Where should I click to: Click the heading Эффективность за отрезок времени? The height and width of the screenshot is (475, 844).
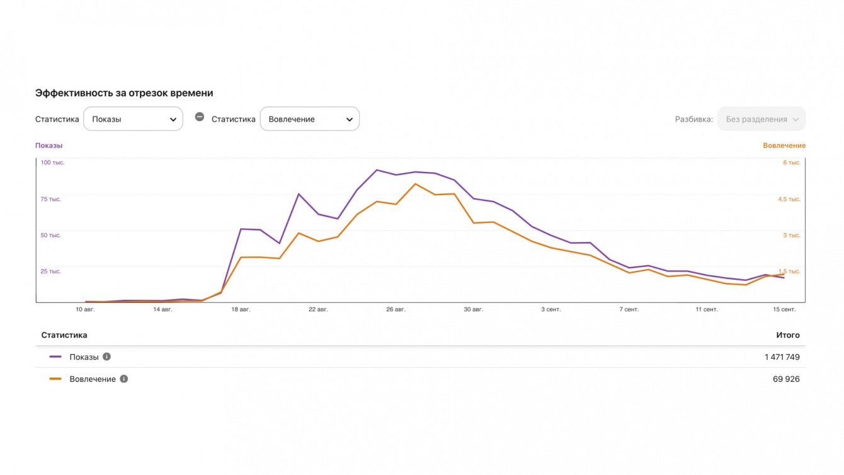(x=124, y=93)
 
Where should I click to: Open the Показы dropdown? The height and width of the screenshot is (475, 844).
(x=133, y=119)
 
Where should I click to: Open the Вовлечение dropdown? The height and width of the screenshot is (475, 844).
(x=309, y=119)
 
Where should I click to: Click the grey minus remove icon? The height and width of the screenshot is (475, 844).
(x=200, y=117)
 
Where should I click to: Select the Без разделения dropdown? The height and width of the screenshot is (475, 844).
(x=761, y=119)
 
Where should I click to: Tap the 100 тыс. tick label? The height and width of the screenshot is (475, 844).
(x=52, y=163)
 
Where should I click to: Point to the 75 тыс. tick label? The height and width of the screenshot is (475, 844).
(x=51, y=199)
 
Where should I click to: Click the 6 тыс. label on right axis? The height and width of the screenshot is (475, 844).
(x=792, y=163)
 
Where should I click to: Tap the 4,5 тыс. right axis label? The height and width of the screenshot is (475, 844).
(x=789, y=199)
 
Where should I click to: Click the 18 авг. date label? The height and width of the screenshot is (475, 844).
(x=241, y=309)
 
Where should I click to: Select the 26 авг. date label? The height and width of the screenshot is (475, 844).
(x=396, y=309)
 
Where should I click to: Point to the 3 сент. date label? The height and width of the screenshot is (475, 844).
(x=550, y=309)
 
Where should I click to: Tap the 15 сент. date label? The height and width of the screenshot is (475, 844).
(x=784, y=309)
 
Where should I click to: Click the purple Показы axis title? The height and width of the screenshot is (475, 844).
(x=48, y=146)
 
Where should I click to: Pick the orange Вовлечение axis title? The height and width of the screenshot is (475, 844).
(x=784, y=146)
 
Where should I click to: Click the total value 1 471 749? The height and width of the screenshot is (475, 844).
(x=782, y=357)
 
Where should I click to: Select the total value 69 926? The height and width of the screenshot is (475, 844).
(x=786, y=379)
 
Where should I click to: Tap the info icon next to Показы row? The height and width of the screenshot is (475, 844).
(x=106, y=357)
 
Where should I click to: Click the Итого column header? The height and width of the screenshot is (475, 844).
(x=788, y=335)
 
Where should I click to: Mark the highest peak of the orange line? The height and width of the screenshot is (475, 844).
(x=415, y=183)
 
